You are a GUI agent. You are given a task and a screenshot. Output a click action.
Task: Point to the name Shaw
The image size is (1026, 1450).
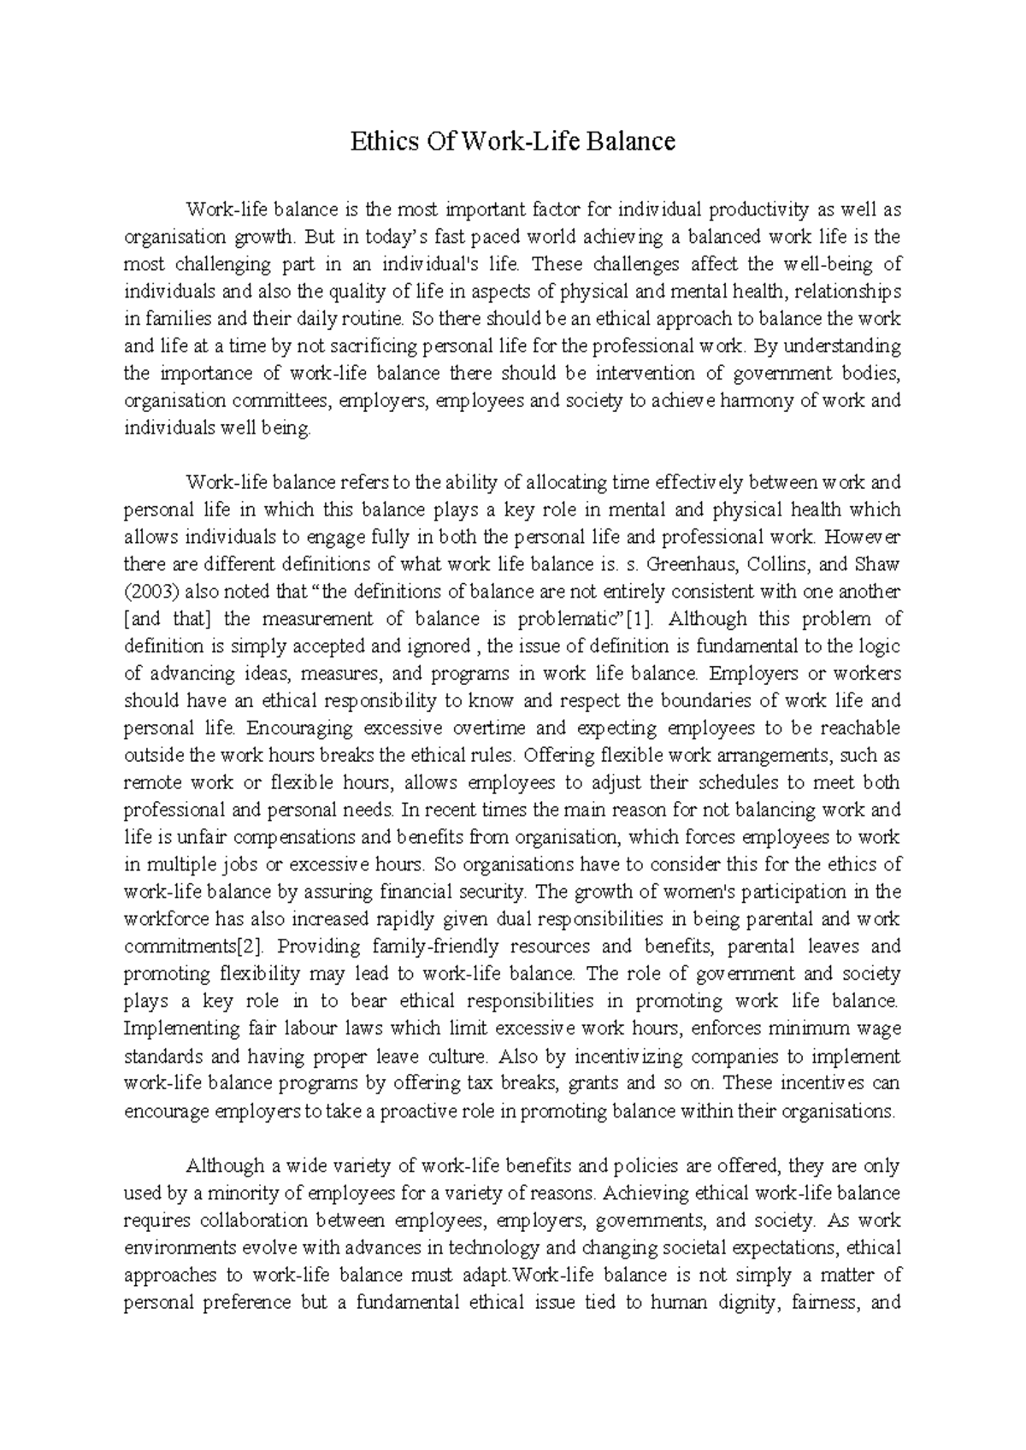[x=879, y=564]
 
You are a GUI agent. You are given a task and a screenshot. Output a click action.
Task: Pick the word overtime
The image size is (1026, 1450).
[x=488, y=728]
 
